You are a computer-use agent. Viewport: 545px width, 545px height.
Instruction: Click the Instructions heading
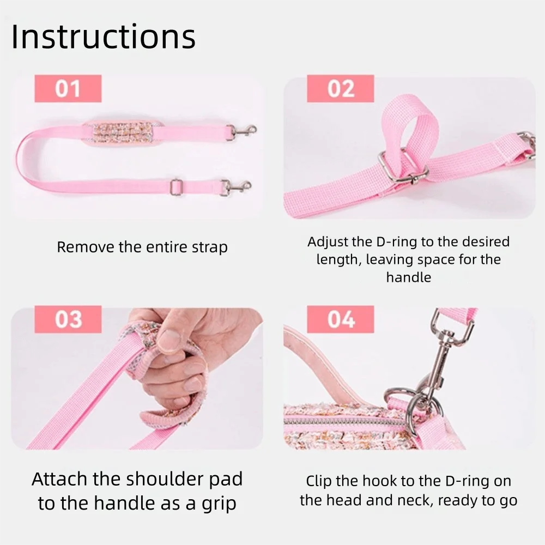point(104,37)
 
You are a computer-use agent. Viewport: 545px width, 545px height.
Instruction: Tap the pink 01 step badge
point(68,88)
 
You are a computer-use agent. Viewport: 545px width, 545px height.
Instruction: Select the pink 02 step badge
point(340,88)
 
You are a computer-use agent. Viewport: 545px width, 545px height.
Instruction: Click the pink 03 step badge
point(68,319)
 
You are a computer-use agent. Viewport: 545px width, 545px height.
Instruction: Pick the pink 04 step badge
point(340,319)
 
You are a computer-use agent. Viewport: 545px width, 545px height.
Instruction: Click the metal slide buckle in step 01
point(176,187)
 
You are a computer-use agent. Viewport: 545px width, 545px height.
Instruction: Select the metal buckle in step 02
point(403,166)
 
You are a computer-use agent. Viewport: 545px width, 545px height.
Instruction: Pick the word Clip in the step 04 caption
point(319,481)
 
